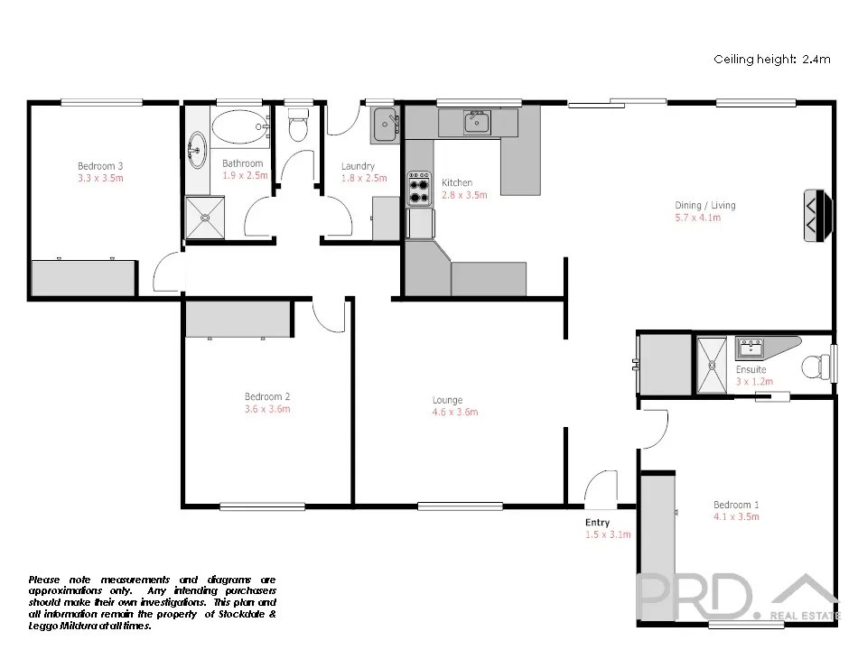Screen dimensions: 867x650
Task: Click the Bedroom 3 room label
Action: coord(100,166)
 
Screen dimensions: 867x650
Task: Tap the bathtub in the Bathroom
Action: coord(240,127)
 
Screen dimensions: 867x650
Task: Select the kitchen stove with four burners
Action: coord(419,189)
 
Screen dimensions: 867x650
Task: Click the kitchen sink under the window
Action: coord(477,122)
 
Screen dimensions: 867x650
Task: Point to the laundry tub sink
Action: coord(385,125)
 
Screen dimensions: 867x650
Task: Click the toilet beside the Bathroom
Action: coord(298,125)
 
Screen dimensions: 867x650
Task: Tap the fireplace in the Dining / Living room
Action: coord(817,215)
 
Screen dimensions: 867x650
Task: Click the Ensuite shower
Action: coord(712,366)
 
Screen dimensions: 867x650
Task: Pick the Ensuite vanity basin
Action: coord(750,348)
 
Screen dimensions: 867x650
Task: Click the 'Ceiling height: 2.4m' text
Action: coord(772,60)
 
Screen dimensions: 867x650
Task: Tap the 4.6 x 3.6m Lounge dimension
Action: coord(455,412)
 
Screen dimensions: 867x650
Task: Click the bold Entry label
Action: coord(597,523)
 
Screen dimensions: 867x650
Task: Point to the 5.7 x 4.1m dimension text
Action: coord(698,218)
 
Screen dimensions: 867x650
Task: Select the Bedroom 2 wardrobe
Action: coord(238,319)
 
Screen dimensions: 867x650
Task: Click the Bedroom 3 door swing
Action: coord(167,272)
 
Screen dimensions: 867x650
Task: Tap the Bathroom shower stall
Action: coord(205,218)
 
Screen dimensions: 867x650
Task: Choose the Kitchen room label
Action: coord(457,182)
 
